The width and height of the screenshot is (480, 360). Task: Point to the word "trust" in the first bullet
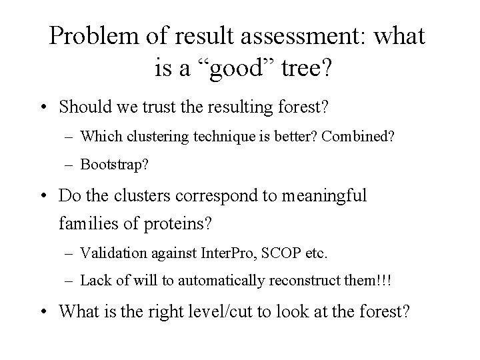165,107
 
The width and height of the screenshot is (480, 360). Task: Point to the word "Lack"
94,280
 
